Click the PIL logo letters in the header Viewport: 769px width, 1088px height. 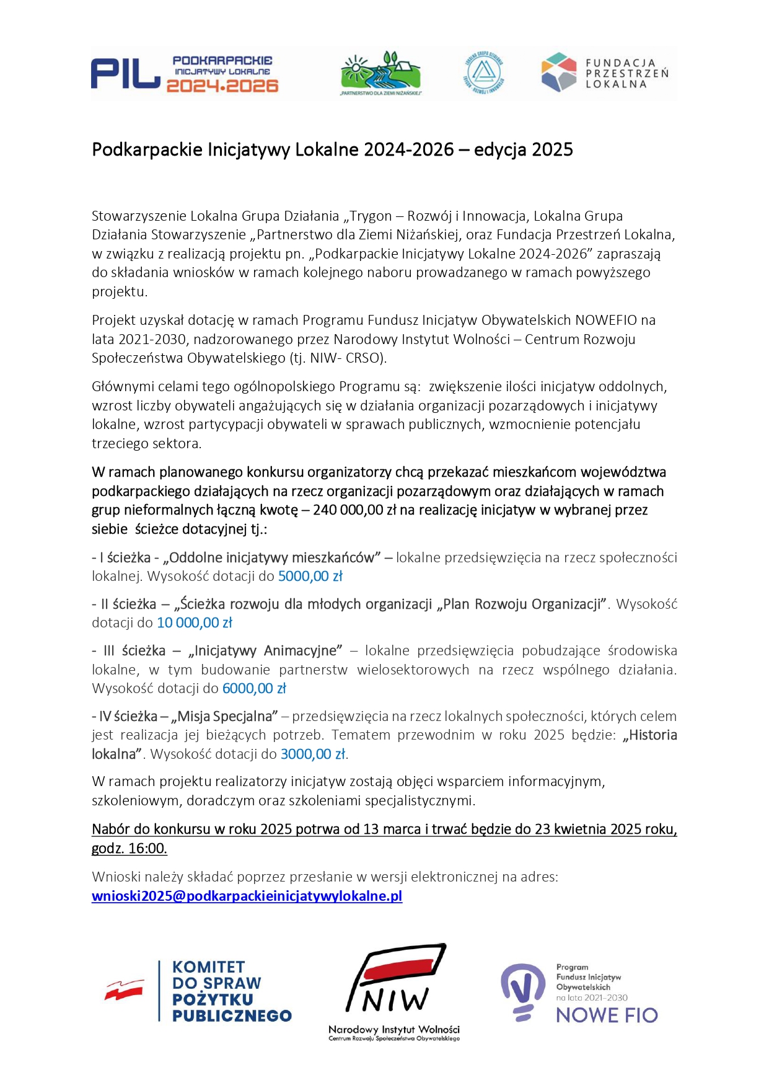click(x=125, y=74)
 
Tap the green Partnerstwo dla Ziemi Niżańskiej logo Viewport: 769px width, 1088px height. click(x=380, y=73)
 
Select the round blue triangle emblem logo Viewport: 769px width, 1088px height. click(x=484, y=73)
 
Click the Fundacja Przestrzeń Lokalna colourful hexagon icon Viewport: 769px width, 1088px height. click(x=559, y=72)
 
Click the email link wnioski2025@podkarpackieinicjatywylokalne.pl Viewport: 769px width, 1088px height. click(x=247, y=896)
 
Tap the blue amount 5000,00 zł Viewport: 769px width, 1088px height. click(x=310, y=576)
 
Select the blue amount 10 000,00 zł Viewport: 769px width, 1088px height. click(x=195, y=622)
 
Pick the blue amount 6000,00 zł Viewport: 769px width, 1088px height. click(x=254, y=688)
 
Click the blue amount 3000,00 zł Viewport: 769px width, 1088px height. click(x=313, y=754)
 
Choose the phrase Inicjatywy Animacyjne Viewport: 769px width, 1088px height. click(x=267, y=650)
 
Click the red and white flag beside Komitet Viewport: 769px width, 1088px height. click(x=125, y=990)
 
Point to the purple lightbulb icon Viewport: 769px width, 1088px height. click(x=522, y=991)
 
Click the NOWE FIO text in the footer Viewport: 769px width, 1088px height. click(x=607, y=1015)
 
